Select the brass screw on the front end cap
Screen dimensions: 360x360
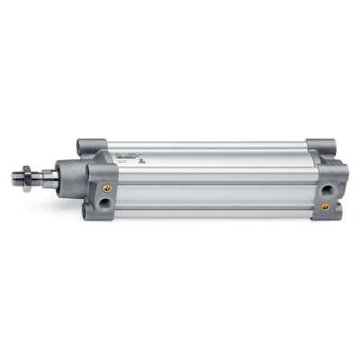click(x=108, y=188)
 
